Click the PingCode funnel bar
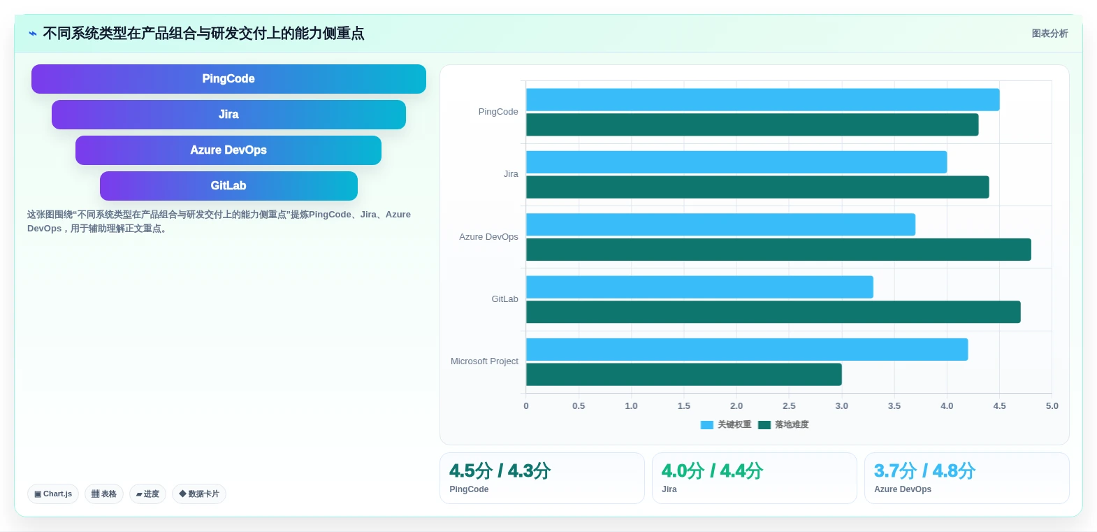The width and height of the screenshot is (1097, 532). tap(228, 79)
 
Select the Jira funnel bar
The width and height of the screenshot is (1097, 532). tap(228, 115)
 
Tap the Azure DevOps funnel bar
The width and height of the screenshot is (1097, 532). tap(228, 150)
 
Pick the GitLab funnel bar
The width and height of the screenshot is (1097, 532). tap(228, 186)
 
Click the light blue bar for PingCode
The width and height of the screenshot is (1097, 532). tap(762, 100)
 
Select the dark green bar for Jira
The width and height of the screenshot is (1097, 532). tap(757, 187)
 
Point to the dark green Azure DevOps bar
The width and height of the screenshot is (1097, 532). tap(778, 250)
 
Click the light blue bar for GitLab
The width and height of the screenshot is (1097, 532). tap(699, 287)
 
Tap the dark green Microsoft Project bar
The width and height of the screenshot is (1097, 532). tap(683, 375)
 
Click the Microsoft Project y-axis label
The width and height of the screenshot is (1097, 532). tap(484, 361)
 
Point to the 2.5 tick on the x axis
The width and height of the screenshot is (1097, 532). tap(789, 406)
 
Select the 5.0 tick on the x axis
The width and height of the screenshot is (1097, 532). tap(1052, 406)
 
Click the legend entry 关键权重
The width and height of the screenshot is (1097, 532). tap(726, 425)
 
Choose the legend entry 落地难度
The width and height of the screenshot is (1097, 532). tap(783, 425)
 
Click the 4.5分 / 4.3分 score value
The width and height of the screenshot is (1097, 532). tap(500, 471)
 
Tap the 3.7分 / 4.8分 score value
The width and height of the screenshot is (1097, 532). tap(924, 471)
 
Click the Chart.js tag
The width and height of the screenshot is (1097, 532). tap(53, 494)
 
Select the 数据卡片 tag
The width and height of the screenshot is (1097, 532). tap(199, 494)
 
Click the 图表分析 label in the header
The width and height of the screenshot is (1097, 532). tap(1050, 34)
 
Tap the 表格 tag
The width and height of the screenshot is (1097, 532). tap(104, 494)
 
